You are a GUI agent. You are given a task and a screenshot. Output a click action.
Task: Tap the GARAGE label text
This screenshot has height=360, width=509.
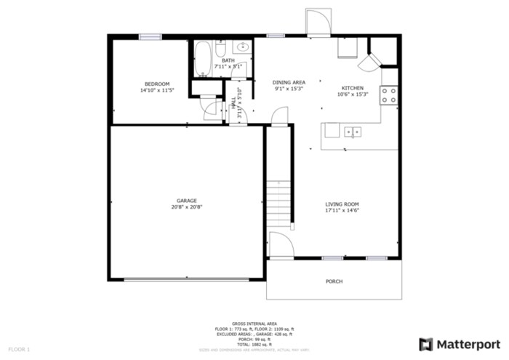click(186, 201)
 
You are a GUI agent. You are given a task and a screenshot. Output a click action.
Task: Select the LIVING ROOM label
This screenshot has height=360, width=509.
click(342, 204)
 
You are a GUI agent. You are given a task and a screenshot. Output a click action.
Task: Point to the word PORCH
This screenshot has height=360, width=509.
click(334, 281)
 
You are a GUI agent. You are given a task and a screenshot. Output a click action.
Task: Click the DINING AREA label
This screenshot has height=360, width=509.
click(289, 82)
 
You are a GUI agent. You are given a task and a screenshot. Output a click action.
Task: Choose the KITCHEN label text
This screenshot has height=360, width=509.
click(353, 87)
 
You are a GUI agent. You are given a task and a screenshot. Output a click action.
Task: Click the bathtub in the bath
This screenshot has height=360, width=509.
click(203, 59)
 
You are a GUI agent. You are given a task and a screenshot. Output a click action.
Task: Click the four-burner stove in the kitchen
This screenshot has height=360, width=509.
click(390, 94)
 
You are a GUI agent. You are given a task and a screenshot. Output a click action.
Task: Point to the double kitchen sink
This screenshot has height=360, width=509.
click(353, 132)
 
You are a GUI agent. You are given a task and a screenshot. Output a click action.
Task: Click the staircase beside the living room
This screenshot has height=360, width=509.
click(279, 200)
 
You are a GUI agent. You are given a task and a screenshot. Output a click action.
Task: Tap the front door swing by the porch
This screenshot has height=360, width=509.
click(280, 245)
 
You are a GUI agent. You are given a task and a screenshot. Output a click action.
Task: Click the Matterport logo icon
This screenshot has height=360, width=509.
click(426, 344)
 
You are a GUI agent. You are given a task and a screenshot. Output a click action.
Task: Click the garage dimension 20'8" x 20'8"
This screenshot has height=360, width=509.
click(186, 207)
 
